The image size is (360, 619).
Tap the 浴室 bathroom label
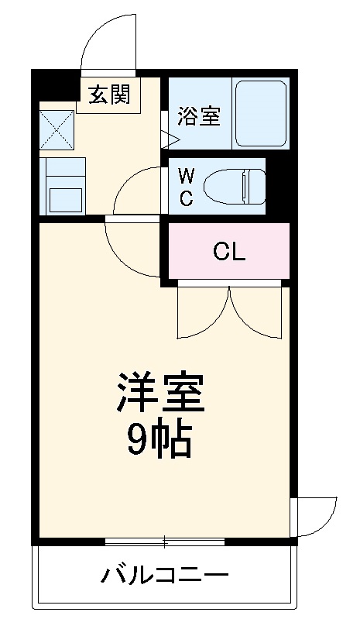coord(199,116)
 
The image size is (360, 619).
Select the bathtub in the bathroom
coord(261,113)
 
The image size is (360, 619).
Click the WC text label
coord(187,186)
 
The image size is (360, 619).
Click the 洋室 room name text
coord(161,394)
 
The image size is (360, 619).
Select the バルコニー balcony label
coord(164,576)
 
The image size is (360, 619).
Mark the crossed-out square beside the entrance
coord(57,129)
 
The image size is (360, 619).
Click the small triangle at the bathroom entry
coord(170,139)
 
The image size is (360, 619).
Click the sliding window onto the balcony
coord(164,540)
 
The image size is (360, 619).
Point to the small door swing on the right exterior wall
coord(316,514)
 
